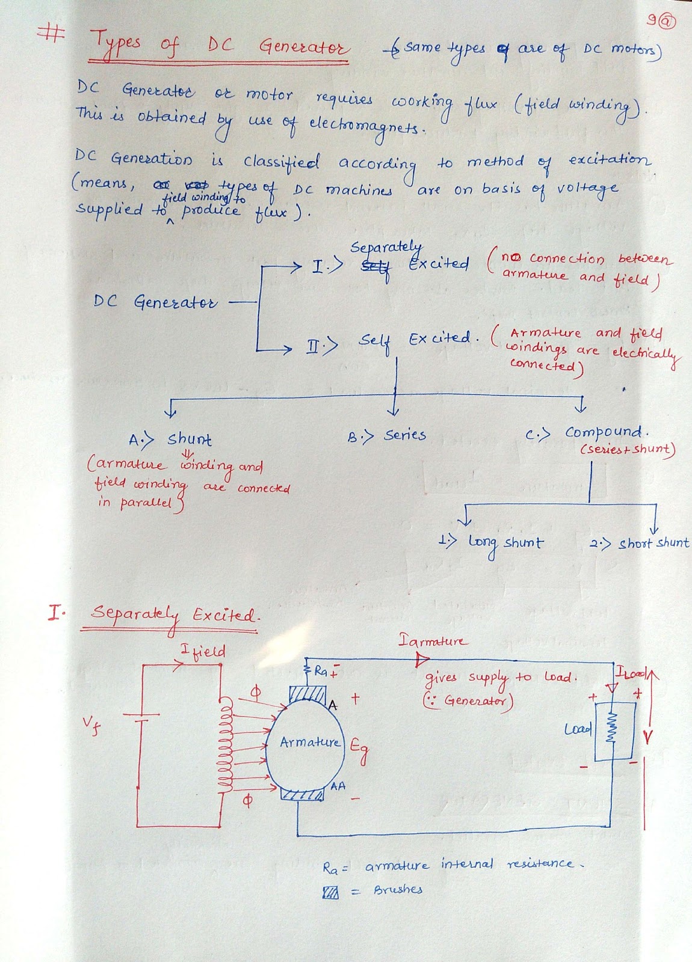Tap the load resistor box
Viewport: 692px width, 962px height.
(x=613, y=731)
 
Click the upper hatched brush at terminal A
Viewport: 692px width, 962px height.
(x=307, y=696)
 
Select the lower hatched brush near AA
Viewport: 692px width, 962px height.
(x=303, y=795)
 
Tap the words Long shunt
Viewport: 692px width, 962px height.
(x=505, y=543)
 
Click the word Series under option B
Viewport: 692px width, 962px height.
(x=405, y=435)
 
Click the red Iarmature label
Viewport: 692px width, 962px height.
(x=432, y=641)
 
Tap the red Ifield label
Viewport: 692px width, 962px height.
(x=203, y=651)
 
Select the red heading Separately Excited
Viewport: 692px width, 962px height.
(x=175, y=615)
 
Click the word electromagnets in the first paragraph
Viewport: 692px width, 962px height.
(x=363, y=124)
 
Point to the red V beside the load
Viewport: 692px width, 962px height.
(x=647, y=737)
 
